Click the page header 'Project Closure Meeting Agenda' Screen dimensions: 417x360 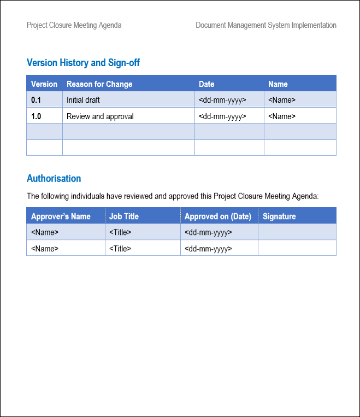(x=74, y=25)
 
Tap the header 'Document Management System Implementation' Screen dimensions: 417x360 (x=266, y=25)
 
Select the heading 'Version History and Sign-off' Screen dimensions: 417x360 (x=83, y=63)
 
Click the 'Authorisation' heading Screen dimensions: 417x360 (x=54, y=179)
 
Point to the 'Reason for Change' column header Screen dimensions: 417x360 (x=99, y=84)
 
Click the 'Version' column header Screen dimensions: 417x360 (x=44, y=84)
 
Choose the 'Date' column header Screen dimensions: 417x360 (x=206, y=84)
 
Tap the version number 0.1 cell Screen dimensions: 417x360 (x=36, y=100)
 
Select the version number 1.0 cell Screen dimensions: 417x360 (x=36, y=116)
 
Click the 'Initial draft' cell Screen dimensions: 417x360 (x=83, y=100)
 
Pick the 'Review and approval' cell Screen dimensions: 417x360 (x=100, y=116)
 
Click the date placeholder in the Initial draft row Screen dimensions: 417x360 (x=222, y=100)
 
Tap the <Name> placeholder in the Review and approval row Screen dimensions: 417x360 (x=282, y=116)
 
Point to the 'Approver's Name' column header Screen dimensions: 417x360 (x=61, y=216)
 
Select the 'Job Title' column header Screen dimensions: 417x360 (x=124, y=216)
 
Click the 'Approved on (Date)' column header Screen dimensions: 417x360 (x=218, y=216)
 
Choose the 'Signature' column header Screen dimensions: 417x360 (x=279, y=216)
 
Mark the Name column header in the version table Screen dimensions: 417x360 (x=278, y=84)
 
